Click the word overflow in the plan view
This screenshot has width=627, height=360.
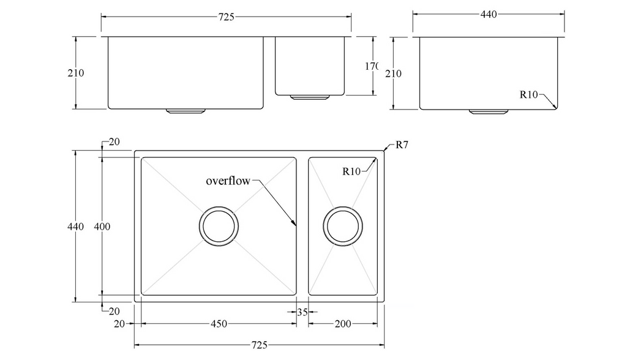[x=228, y=181]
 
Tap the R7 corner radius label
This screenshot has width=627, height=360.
[x=402, y=145]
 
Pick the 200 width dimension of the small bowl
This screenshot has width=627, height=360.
[x=343, y=323]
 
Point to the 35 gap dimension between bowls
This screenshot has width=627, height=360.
[x=302, y=312]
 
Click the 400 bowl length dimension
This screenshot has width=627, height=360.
[x=102, y=227]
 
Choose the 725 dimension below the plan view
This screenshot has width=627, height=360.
[x=259, y=345]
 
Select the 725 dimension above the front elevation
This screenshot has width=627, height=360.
[x=226, y=17]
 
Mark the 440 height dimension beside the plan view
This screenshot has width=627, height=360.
[x=75, y=227]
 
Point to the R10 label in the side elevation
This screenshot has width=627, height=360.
[x=528, y=94]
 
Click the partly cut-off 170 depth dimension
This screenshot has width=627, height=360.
[x=371, y=66]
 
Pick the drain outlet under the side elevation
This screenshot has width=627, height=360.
[x=488, y=111]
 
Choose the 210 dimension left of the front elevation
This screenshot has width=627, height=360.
[x=75, y=73]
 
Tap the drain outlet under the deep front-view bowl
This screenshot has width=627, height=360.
[x=185, y=111]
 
